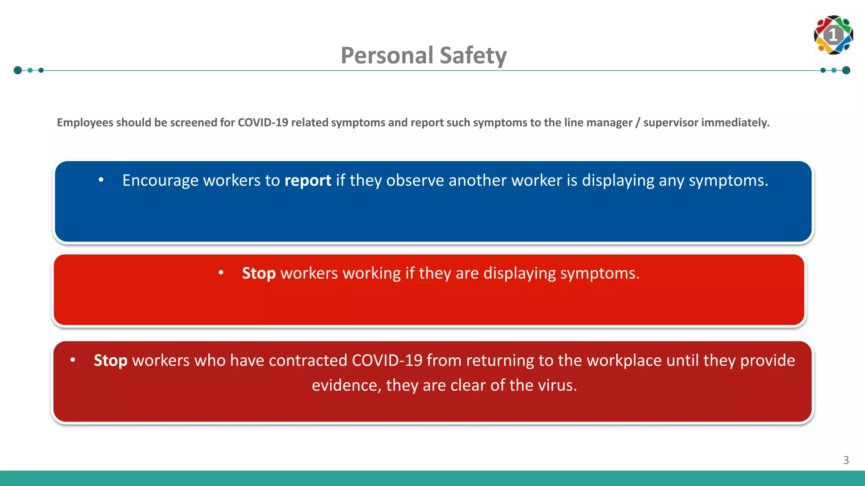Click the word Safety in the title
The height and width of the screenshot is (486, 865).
[473, 55]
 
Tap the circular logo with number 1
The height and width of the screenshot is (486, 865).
[833, 35]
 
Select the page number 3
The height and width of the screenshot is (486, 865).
[846, 460]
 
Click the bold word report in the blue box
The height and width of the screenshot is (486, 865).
[307, 181]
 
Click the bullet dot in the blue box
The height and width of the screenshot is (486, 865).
[101, 180]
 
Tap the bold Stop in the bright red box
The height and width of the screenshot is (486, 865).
[258, 273]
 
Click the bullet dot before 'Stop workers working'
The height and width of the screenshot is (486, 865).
[221, 273]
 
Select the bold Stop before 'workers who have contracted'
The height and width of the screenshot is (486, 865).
[110, 361]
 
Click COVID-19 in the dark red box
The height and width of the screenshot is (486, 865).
[386, 361]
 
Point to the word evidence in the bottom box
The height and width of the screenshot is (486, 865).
[344, 386]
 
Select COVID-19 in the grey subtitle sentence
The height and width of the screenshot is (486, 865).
[263, 123]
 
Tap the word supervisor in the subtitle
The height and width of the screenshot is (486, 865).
[671, 123]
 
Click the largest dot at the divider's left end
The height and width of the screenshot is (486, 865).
[18, 70]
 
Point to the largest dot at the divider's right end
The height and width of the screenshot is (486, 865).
[846, 70]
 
